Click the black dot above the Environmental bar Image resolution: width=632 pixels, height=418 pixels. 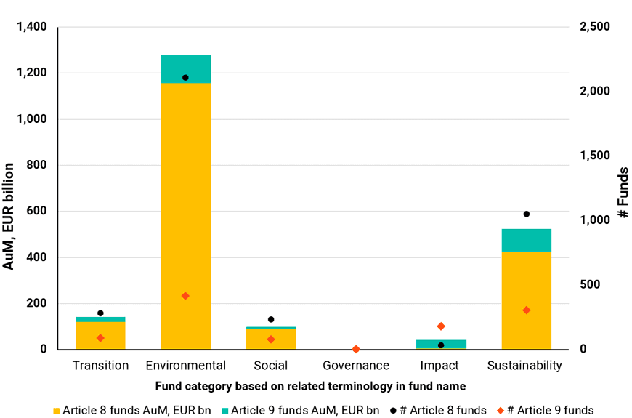click(x=185, y=78)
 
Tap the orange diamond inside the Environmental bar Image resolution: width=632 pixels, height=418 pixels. click(x=185, y=296)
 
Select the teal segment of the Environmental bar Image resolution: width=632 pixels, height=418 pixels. click(x=185, y=69)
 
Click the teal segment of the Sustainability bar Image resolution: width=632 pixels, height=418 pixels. click(x=527, y=240)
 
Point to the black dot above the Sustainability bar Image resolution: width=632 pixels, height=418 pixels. click(x=527, y=214)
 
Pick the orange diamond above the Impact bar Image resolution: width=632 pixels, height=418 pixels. click(x=441, y=326)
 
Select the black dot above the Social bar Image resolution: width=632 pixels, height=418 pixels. click(x=271, y=319)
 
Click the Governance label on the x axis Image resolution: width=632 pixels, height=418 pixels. click(x=356, y=366)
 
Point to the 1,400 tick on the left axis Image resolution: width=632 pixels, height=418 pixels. click(x=31, y=28)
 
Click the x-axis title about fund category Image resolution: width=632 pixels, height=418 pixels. click(x=310, y=385)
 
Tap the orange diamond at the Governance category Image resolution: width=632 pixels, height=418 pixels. click(x=356, y=350)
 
